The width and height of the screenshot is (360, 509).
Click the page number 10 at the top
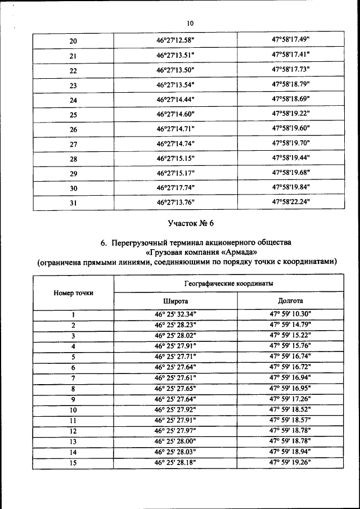point(190,23)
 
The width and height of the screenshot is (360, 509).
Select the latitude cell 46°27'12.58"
point(175,40)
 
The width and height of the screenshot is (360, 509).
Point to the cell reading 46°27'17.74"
point(175,188)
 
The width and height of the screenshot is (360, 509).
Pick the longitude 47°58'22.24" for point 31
point(291,202)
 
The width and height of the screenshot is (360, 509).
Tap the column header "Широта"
point(175,301)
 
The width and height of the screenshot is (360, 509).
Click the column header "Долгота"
point(291,301)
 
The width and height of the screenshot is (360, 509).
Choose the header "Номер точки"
point(74,292)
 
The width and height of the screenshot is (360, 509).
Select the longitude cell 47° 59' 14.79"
point(291,325)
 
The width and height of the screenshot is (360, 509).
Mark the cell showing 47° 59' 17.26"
point(291,399)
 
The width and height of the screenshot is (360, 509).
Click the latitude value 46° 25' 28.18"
point(175,463)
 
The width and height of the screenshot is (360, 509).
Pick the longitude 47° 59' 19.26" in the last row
point(291,463)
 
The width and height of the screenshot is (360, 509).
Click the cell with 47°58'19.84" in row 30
point(291,187)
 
